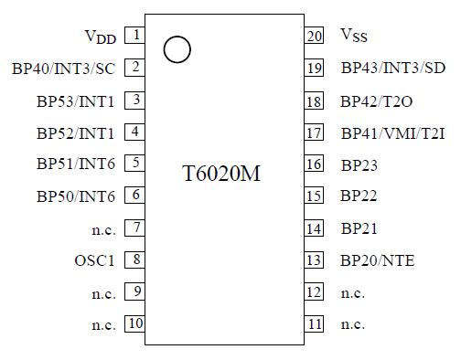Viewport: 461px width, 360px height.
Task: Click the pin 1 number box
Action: point(135,36)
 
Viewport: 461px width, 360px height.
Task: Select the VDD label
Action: point(100,37)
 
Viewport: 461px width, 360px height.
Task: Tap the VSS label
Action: point(354,36)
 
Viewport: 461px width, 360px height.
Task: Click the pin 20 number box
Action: point(315,36)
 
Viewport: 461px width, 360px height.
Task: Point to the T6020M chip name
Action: point(222,173)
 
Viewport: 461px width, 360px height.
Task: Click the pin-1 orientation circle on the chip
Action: point(177,49)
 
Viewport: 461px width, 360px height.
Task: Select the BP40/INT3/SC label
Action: point(63,68)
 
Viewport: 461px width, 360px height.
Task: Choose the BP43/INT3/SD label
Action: point(394,68)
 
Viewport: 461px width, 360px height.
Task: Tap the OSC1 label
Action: point(95,260)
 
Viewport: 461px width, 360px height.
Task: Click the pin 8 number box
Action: point(135,259)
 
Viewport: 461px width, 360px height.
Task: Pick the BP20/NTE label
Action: point(378,260)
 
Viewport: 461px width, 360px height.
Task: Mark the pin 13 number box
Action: point(315,260)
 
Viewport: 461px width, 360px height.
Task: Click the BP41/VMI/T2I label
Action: point(393,132)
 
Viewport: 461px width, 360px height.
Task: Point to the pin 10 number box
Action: point(135,323)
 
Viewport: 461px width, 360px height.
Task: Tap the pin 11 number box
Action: point(315,323)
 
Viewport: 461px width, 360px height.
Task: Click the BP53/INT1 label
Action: point(76,101)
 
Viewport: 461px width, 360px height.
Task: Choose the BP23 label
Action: point(359,165)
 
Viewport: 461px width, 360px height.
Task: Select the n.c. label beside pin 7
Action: point(103,228)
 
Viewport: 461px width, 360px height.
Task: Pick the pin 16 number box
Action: point(315,164)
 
